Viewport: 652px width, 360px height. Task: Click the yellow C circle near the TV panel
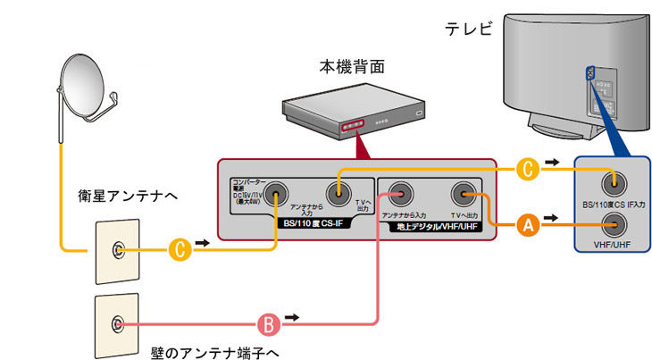pos(528,166)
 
